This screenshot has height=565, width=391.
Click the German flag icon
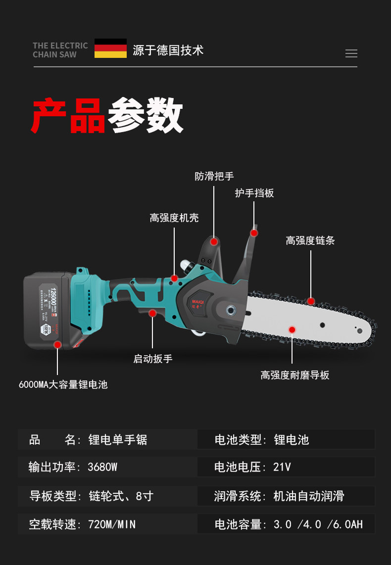tap(110, 48)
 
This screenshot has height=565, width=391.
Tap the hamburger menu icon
tap(351, 53)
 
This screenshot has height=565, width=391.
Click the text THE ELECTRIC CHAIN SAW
tap(60, 50)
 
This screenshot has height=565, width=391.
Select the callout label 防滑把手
tap(214, 176)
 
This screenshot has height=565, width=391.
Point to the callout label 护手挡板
tap(254, 193)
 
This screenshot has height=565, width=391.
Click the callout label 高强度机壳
tap(174, 218)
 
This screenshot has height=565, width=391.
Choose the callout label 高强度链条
tap(310, 240)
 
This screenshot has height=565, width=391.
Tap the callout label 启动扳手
tap(153, 359)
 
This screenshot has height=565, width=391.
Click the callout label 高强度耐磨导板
tap(294, 375)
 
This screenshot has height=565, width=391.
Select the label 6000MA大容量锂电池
tap(63, 384)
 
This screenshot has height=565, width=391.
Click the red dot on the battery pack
tap(57, 345)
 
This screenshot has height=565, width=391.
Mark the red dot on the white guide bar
tap(292, 330)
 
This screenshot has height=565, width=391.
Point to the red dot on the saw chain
tap(311, 301)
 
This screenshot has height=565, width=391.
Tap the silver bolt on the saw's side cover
tap(231, 310)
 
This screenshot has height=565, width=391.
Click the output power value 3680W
tap(102, 467)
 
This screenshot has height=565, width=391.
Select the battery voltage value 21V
tap(282, 467)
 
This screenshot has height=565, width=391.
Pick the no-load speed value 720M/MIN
tap(112, 524)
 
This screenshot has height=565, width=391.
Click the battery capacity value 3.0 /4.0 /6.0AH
tap(318, 524)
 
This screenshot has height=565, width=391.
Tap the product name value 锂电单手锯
tap(118, 439)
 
